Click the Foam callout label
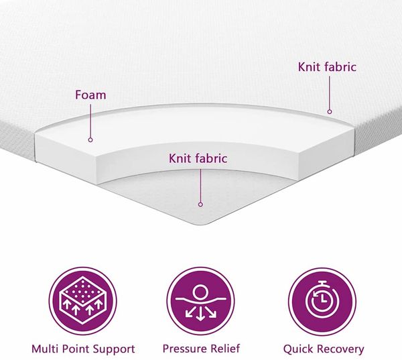(x=90, y=95)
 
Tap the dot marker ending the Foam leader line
(x=90, y=140)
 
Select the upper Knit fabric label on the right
(x=327, y=67)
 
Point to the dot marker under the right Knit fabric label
(x=330, y=111)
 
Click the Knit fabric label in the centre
(x=198, y=158)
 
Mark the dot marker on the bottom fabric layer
(x=200, y=204)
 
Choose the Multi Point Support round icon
(x=83, y=301)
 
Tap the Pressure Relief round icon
(x=200, y=301)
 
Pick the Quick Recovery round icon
(x=322, y=301)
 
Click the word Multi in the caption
(x=45, y=349)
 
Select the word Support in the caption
(x=114, y=349)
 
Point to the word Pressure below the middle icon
(x=185, y=349)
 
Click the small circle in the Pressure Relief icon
(x=200, y=292)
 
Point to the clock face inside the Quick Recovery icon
(x=322, y=300)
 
